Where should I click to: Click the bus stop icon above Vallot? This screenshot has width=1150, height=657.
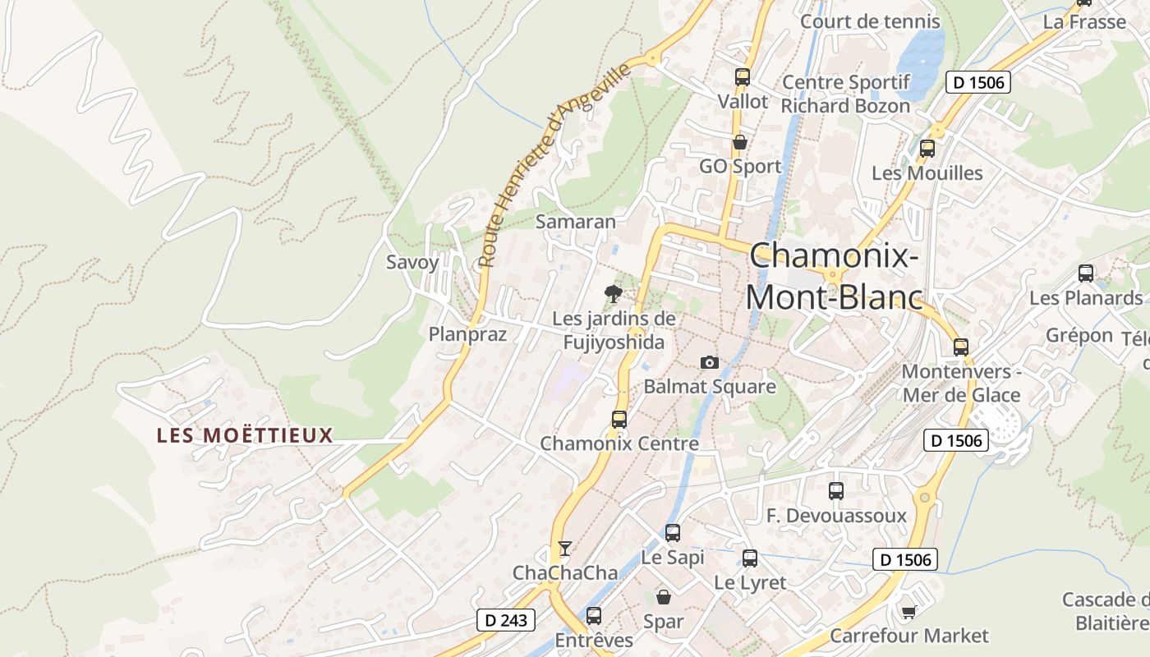(x=743, y=77)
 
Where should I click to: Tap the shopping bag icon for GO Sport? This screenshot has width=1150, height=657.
(x=740, y=142)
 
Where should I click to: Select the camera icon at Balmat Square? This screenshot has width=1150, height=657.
(x=709, y=362)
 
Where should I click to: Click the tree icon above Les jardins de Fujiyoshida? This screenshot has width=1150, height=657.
(x=613, y=293)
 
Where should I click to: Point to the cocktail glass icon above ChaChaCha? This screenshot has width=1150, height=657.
(x=564, y=548)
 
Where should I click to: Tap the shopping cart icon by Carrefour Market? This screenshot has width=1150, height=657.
(x=908, y=612)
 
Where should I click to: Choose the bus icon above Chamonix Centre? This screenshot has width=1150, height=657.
(x=619, y=419)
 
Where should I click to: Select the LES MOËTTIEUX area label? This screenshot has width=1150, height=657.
(x=245, y=435)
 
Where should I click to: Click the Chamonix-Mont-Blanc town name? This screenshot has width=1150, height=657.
(x=833, y=275)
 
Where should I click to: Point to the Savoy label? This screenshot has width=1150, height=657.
(x=412, y=263)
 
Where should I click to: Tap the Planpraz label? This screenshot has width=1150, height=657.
(x=467, y=334)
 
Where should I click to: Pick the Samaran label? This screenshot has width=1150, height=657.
(x=575, y=222)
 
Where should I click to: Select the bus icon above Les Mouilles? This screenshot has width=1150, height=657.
(x=927, y=149)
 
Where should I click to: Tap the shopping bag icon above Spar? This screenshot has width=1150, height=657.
(x=663, y=597)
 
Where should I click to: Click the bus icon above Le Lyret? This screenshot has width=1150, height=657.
(x=750, y=558)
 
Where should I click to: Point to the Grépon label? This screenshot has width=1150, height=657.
(x=1079, y=336)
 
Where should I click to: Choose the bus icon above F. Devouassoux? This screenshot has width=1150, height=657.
(x=836, y=491)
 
